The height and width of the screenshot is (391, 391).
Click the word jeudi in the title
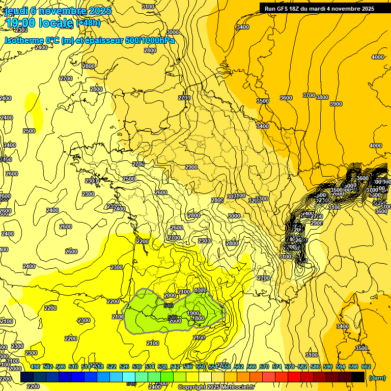(x=17, y=11)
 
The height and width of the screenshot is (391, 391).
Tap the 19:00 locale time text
(x=39, y=22)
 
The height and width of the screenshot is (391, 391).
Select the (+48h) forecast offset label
(x=88, y=22)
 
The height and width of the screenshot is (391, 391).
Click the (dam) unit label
(x=377, y=378)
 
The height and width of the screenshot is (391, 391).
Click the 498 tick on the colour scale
(x=35, y=367)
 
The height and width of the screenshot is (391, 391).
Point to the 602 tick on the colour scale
(x=366, y=367)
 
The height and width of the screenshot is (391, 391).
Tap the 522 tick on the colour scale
(x=111, y=367)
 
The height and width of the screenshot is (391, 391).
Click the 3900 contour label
(x=336, y=104)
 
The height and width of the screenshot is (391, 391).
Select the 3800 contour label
(x=322, y=97)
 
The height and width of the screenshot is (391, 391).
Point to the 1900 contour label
(x=193, y=313)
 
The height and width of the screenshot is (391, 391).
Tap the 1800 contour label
(x=198, y=319)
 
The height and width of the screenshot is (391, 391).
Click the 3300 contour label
(x=262, y=199)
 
